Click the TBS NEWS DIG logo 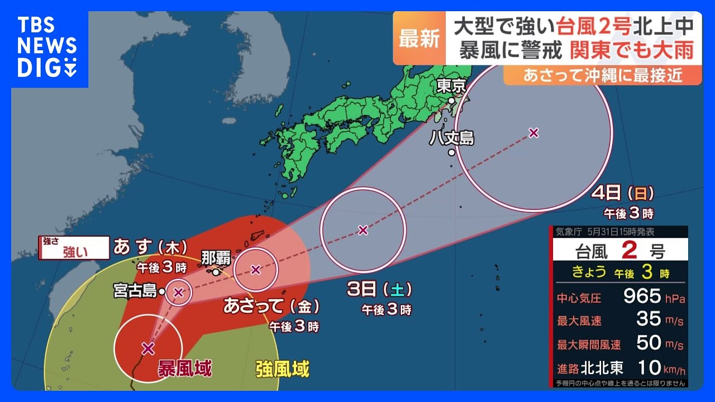47,48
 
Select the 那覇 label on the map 215,259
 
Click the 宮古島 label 135,291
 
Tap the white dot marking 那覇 216,272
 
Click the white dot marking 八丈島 451,152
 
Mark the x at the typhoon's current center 148,349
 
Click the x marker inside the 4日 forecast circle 533,133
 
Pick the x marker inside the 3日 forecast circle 363,229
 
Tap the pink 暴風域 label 184,368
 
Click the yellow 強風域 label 282,368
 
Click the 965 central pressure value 642,296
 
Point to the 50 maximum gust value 649,342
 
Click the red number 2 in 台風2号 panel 630,251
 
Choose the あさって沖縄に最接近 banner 602,75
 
